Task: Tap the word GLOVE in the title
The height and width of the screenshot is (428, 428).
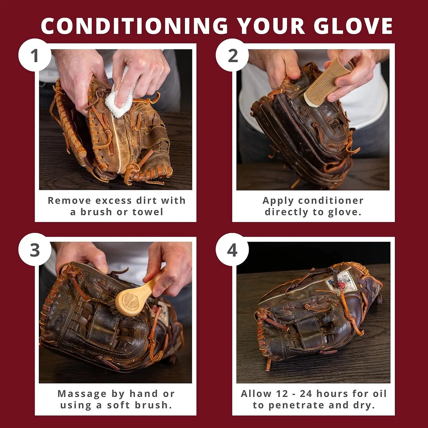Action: (353, 26)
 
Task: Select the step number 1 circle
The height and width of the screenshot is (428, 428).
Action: (35, 55)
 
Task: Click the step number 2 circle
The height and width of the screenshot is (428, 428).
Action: (233, 55)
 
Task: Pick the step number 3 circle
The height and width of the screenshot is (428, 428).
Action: (35, 250)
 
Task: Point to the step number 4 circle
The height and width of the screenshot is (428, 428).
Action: (232, 250)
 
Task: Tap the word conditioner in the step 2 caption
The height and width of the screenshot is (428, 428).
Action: (331, 201)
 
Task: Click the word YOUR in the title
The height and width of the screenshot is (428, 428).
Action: (271, 26)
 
